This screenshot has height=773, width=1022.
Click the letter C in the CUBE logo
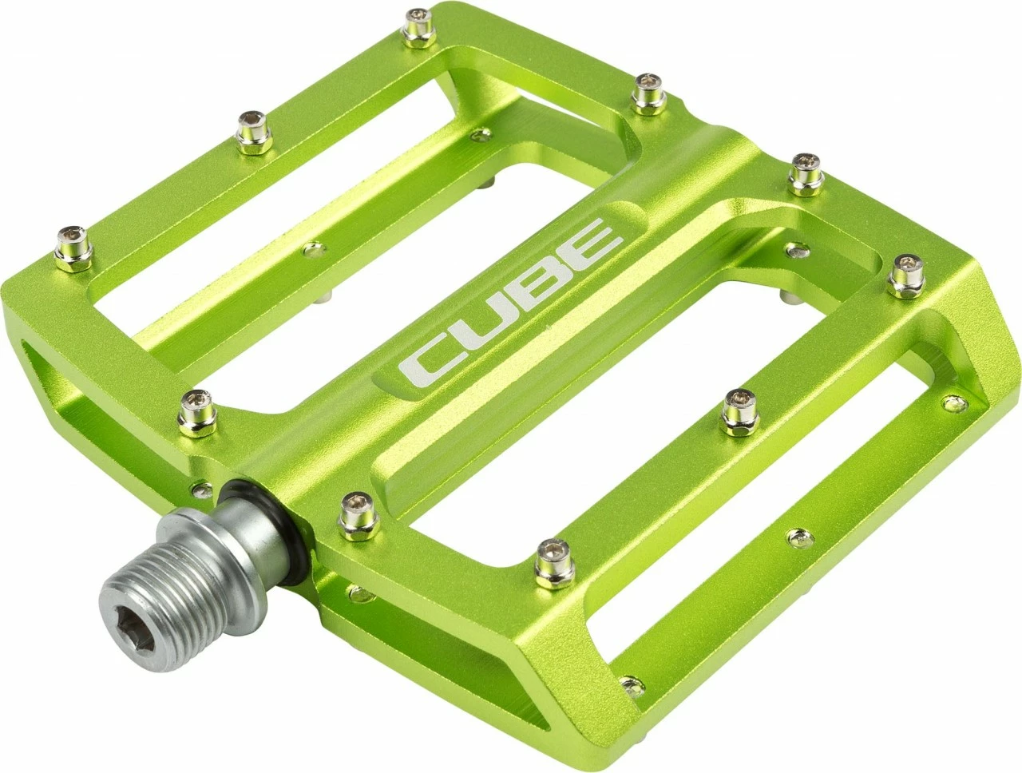pos(430,355)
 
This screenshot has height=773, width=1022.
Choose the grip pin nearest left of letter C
pos(196,406)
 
